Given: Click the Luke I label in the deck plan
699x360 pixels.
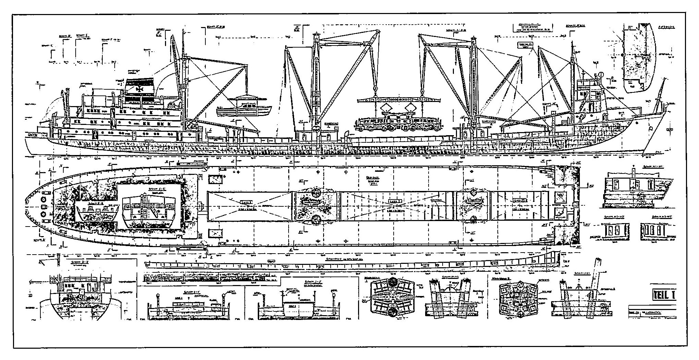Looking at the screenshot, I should (x=244, y=202).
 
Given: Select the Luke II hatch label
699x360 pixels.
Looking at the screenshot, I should (x=392, y=202).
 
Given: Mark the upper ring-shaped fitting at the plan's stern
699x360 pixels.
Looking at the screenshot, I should (x=43, y=199).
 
